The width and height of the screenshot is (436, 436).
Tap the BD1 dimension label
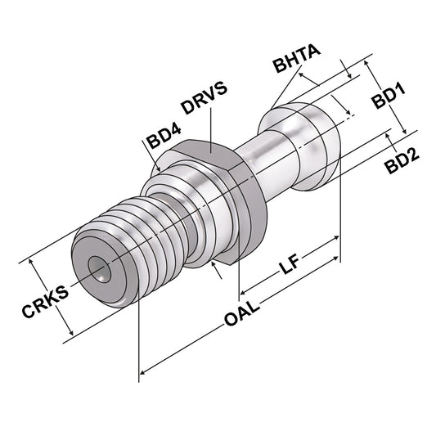(389, 100)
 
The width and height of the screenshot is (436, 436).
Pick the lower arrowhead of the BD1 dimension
(404, 131)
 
